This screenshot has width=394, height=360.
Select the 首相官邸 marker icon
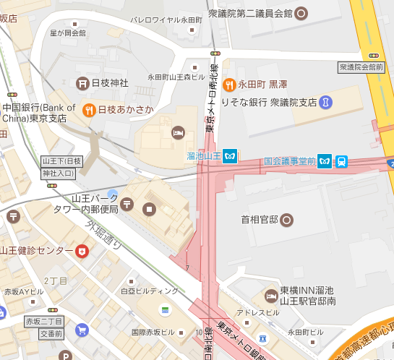[x=287, y=218]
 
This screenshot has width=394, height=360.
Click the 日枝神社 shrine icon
[x=82, y=83]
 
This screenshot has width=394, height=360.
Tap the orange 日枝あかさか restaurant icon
[x=89, y=110]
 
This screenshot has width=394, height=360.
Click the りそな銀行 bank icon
[x=326, y=102]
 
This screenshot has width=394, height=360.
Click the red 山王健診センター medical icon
[x=83, y=251]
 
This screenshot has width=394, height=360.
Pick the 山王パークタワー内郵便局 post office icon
[x=127, y=205]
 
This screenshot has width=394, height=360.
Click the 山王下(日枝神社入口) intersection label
[x=63, y=166]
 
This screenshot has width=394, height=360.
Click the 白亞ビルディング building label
[x=149, y=291]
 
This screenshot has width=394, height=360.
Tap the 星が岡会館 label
[x=67, y=33]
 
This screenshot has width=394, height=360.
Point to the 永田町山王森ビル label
[x=177, y=77]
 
